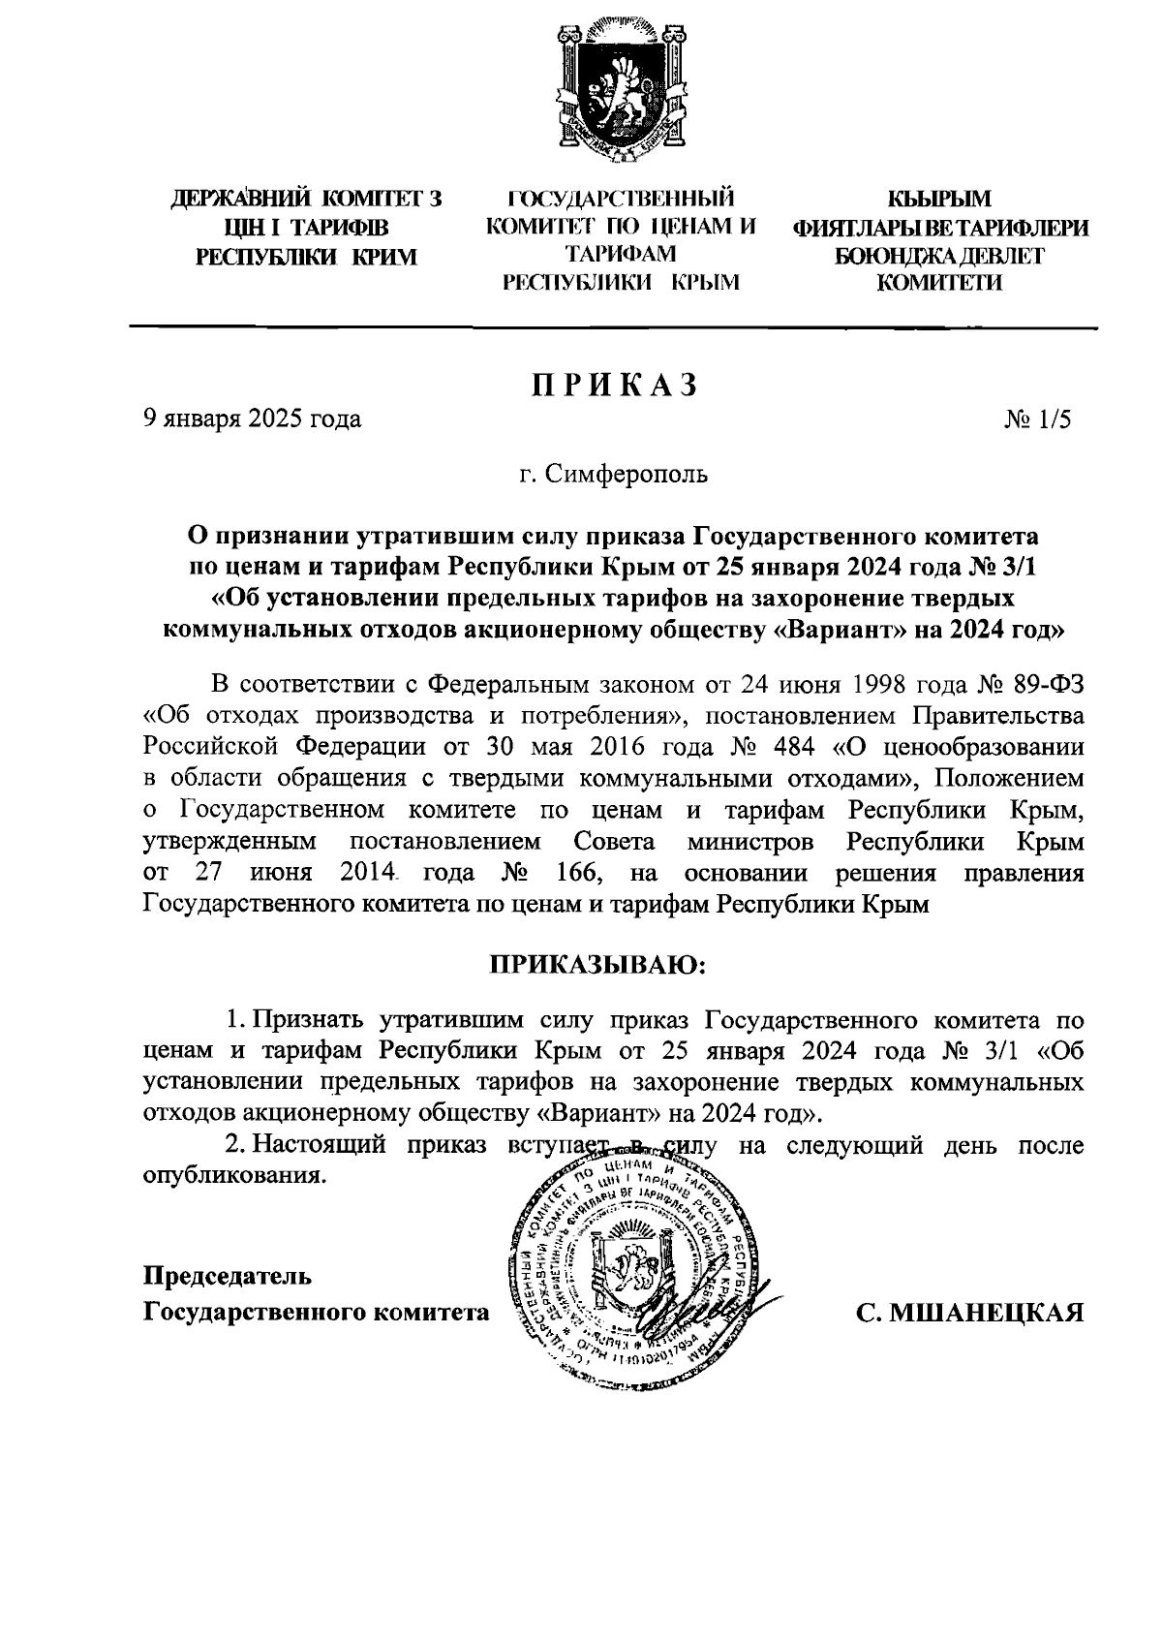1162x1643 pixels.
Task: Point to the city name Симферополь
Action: [x=627, y=475]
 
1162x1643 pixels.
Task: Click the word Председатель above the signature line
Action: [x=228, y=1275]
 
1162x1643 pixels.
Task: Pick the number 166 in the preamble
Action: [x=581, y=874]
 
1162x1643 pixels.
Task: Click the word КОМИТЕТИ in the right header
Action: [x=939, y=283]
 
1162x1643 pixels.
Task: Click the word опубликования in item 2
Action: [x=230, y=1176]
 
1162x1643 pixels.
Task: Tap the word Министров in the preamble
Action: [x=750, y=842]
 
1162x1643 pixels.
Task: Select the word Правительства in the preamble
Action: [x=994, y=716]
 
